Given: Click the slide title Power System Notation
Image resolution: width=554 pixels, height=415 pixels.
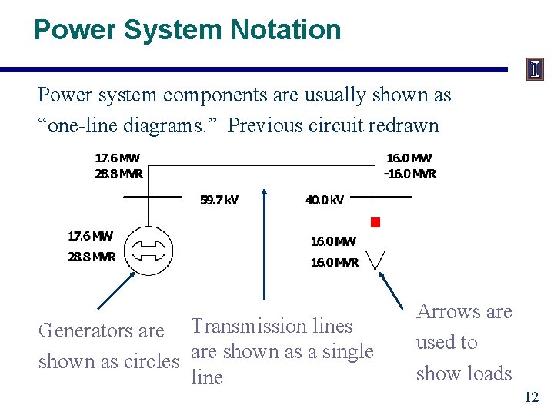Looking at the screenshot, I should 187,30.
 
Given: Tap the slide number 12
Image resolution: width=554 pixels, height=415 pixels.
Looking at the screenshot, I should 531,397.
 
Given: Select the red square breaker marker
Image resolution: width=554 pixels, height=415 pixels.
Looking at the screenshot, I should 375,223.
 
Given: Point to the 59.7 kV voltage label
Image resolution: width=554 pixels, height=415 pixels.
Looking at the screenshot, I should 219,201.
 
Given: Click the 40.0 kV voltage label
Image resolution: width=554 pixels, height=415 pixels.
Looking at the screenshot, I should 325,201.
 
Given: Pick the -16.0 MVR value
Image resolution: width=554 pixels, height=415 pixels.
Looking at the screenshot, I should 410,174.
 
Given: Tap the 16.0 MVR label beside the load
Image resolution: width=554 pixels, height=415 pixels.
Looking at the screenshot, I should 335,262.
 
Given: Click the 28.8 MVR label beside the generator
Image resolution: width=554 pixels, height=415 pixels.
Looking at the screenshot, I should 92,257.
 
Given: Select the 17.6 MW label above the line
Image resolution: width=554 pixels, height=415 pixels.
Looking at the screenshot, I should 117,158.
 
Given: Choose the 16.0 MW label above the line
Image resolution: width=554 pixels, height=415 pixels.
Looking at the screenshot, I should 409,158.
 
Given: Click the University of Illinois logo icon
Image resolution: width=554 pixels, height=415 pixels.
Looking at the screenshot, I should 535,70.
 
